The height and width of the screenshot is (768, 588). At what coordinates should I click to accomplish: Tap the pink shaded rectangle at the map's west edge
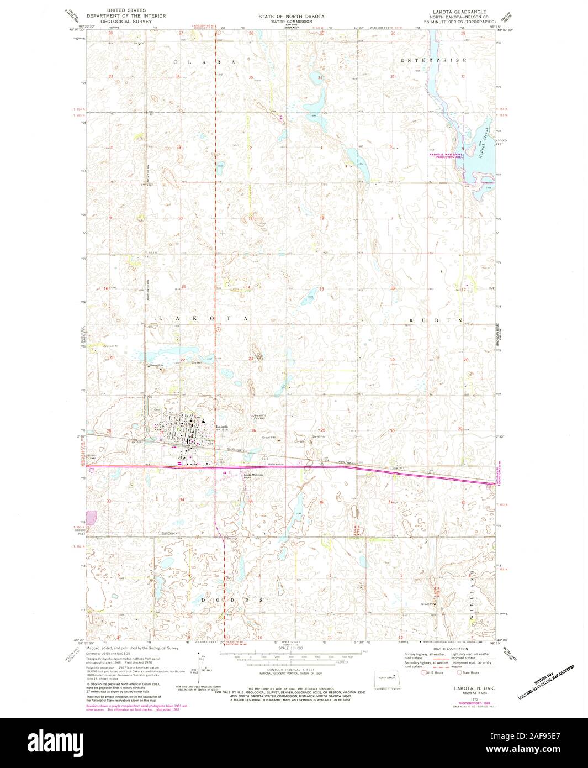click(91, 518)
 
